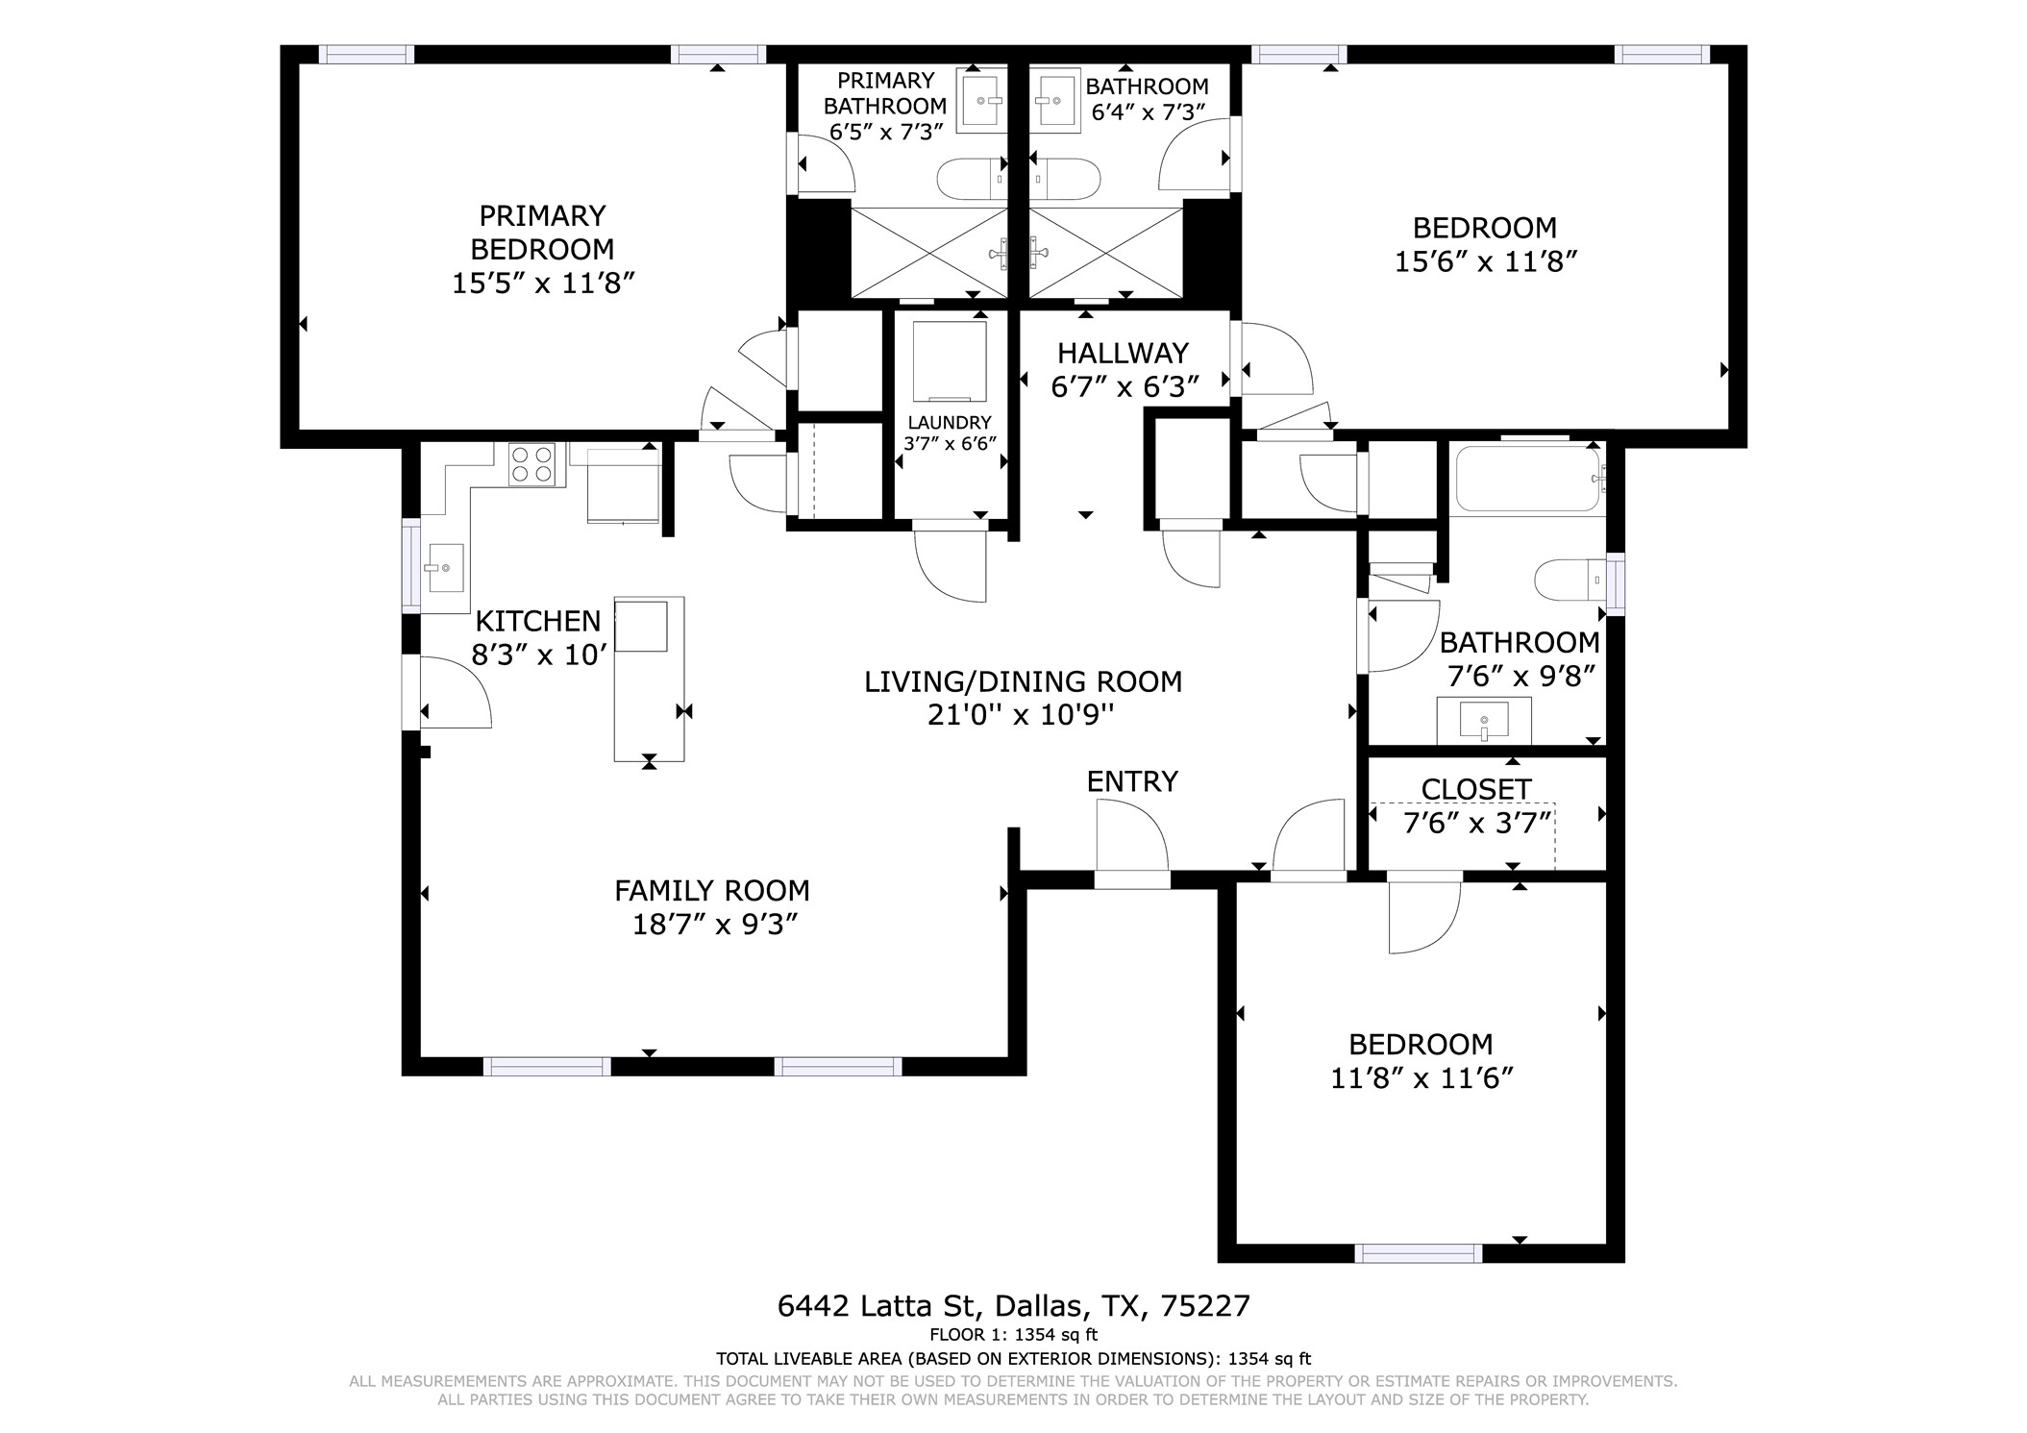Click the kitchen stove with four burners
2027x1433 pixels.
click(x=531, y=464)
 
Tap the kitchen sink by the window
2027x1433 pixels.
click(x=444, y=568)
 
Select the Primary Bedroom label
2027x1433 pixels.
click(x=542, y=232)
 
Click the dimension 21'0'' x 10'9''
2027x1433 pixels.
click(x=1021, y=714)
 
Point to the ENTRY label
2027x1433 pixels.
click(x=1131, y=781)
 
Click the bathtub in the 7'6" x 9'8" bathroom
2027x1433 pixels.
click(x=1526, y=479)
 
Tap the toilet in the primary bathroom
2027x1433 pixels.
click(x=972, y=179)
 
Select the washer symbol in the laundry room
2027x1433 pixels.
click(x=949, y=361)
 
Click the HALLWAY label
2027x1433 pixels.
click(x=1123, y=353)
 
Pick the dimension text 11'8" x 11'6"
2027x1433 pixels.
click(x=1421, y=1078)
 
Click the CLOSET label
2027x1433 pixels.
click(x=1475, y=788)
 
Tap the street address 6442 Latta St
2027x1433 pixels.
click(x=877, y=1305)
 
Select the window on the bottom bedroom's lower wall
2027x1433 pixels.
click(x=1418, y=1252)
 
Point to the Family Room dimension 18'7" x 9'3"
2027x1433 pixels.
click(x=714, y=925)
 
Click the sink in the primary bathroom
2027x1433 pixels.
click(x=982, y=100)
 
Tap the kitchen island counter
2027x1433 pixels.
click(x=650, y=679)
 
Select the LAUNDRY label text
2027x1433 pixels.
click(x=949, y=422)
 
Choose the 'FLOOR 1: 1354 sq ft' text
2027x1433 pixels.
click(x=1013, y=1334)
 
